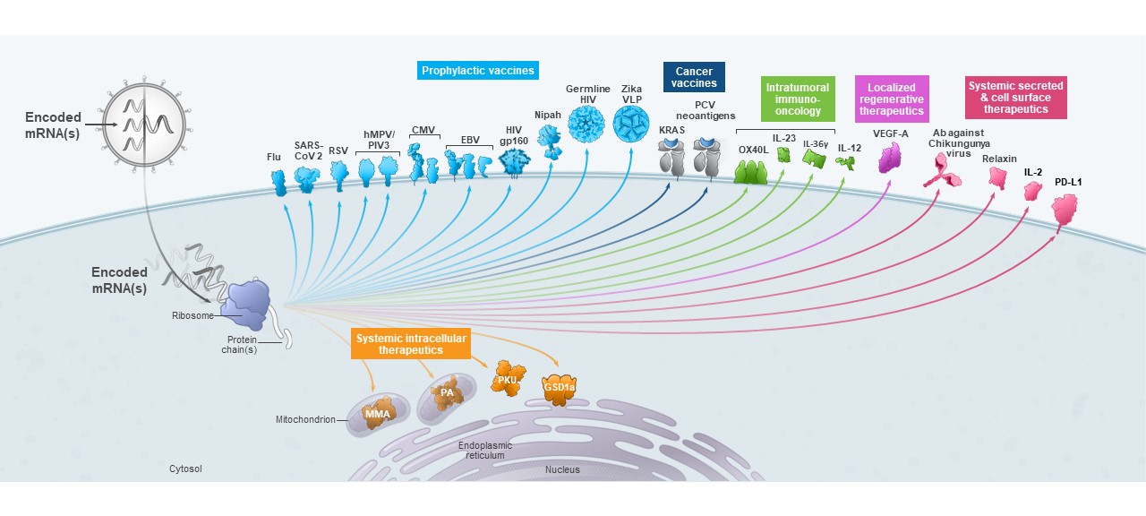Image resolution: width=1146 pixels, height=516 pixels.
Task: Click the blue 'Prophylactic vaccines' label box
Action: tap(478, 70)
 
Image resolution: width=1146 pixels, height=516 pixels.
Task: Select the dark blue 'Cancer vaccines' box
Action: tap(694, 77)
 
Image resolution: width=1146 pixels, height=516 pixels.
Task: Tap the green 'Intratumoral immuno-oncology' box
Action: tap(797, 99)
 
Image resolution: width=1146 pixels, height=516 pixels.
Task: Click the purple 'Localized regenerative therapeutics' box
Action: tap(891, 99)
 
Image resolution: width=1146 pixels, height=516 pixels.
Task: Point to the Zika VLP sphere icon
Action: tap(631, 125)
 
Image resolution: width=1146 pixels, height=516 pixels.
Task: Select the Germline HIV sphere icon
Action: tap(587, 125)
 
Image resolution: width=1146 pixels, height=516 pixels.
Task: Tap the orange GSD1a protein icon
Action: tap(558, 386)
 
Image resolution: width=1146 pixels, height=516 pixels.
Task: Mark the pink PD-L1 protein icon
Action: tap(1065, 211)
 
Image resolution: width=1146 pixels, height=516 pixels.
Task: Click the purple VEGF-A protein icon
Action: tap(890, 159)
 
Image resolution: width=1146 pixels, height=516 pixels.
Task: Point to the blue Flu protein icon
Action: tap(278, 184)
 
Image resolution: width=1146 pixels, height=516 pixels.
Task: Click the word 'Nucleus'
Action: tap(562, 469)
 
